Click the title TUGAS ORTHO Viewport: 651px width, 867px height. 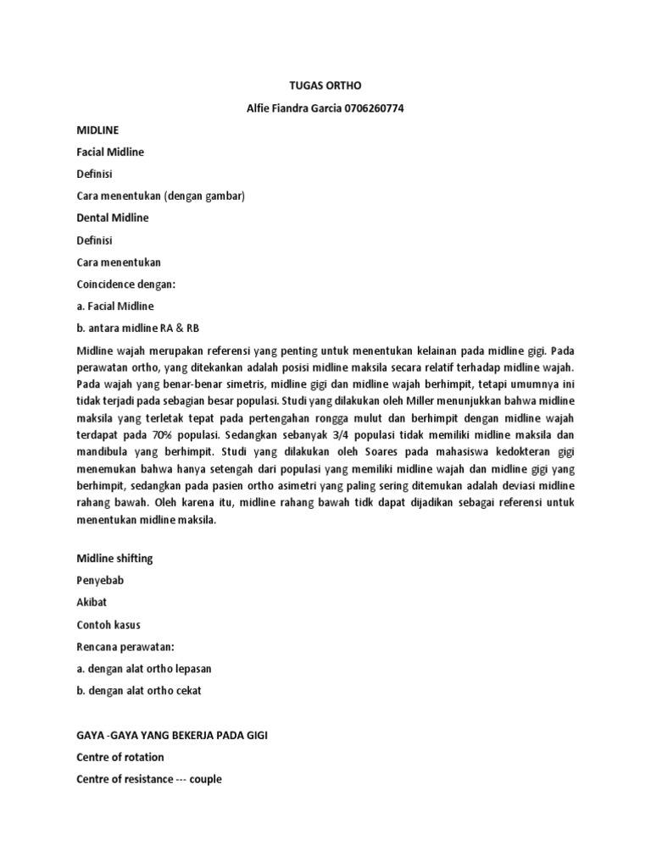click(325, 86)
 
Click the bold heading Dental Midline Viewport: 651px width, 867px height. click(112, 218)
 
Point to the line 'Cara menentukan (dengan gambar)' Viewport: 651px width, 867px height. click(160, 196)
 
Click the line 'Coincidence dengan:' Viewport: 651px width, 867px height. click(125, 284)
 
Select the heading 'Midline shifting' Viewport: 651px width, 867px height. click(114, 558)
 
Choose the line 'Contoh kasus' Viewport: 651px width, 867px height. click(108, 624)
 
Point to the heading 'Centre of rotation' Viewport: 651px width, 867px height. click(120, 756)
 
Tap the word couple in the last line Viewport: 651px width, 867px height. click(205, 778)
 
